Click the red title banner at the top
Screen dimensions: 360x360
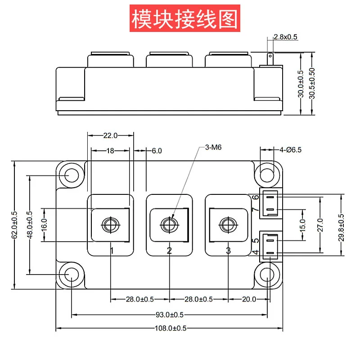coord(184,18)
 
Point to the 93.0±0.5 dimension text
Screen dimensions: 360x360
coord(169,315)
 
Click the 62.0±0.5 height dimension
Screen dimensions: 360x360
coord(15,225)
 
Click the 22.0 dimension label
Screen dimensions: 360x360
coord(110,135)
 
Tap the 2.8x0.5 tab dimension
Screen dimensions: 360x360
coord(285,37)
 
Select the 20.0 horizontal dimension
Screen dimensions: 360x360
coord(249,299)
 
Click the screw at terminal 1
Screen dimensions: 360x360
coord(111,224)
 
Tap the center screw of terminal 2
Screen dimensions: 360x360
coord(169,224)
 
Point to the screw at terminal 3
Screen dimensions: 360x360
coord(228,224)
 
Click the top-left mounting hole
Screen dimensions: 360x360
coord(71,175)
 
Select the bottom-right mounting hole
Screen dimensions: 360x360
coord(268,274)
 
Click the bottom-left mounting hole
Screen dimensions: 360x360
coord(71,274)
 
